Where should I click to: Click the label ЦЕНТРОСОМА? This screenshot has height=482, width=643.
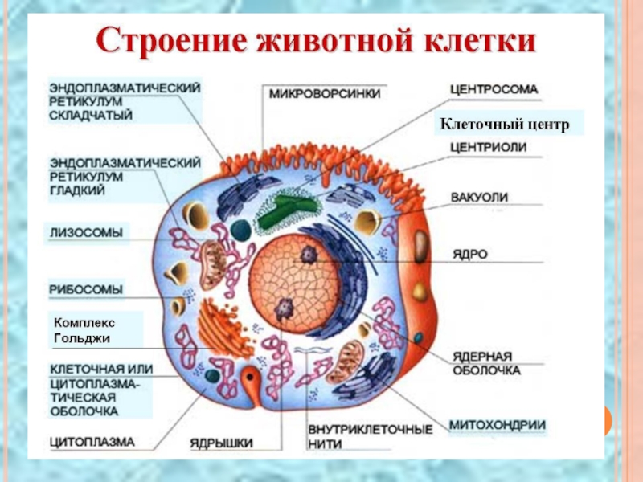point(493,89)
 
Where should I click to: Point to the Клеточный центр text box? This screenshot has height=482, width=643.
point(503,125)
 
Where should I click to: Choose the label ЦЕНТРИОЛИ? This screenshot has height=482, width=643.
point(488,147)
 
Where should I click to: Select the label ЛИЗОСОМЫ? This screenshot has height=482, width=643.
point(86,233)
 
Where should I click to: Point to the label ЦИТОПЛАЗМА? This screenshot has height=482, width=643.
point(92,441)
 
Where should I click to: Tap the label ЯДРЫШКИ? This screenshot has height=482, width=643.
point(222,442)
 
